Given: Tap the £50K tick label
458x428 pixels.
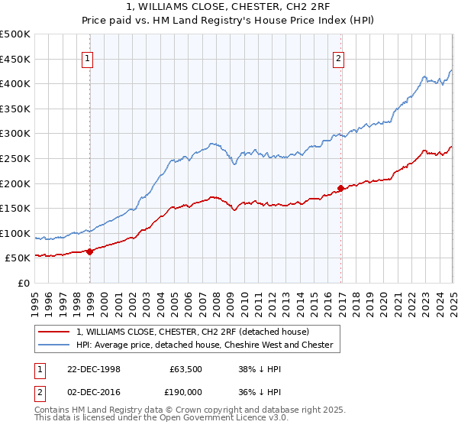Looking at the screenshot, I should coord(18,258).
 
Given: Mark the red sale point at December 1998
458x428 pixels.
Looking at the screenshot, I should coord(90,251).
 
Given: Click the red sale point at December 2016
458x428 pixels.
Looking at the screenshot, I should coord(340,187).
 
